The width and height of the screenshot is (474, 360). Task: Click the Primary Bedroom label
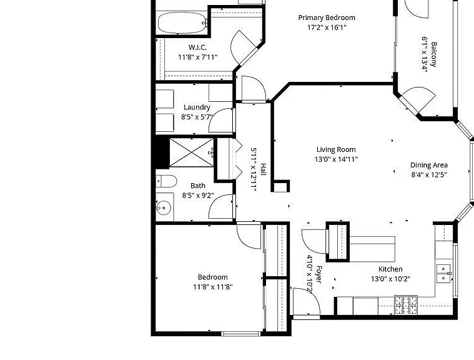click(327, 18)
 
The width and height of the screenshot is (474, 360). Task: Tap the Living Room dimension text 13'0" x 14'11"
click(336, 159)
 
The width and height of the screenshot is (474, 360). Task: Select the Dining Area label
click(428, 165)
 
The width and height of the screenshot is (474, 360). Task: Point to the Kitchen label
click(390, 269)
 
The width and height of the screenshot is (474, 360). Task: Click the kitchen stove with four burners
click(406, 305)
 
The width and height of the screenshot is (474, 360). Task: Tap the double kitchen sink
click(443, 273)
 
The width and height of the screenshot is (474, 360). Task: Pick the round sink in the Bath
click(164, 208)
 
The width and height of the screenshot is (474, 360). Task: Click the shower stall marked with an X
click(192, 152)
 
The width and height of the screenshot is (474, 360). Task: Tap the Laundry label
click(197, 107)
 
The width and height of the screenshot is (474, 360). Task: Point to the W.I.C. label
click(197, 47)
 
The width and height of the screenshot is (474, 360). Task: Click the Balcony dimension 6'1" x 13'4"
click(425, 54)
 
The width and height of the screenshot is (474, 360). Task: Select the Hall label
click(264, 169)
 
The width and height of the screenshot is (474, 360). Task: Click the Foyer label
click(319, 275)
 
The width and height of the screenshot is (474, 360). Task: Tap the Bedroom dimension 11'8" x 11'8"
click(213, 287)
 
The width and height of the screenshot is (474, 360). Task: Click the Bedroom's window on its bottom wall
click(240, 334)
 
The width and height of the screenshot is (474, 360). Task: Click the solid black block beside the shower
click(162, 152)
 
